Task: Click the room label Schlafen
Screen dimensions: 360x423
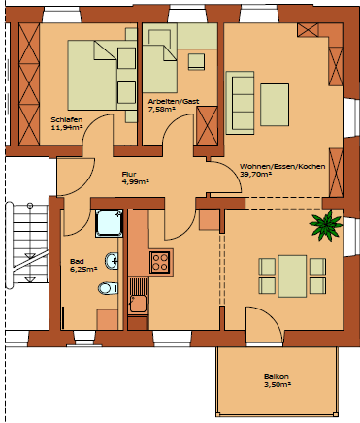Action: [67, 120]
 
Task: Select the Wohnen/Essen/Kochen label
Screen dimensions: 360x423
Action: [282, 167]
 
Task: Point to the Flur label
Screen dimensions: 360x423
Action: [129, 175]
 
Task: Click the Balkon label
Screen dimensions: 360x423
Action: [277, 377]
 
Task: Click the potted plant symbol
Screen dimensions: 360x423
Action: [326, 225]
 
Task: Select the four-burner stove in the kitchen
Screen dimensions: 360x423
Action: [161, 262]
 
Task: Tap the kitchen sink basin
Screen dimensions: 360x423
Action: [138, 304]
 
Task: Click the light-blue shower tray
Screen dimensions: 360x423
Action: [110, 223]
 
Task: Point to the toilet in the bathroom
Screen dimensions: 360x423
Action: [108, 288]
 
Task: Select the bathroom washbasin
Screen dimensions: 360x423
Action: [112, 260]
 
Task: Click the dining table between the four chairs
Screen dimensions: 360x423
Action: [292, 277]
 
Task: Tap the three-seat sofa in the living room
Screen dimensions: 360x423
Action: [241, 103]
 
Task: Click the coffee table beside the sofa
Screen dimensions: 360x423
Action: [275, 105]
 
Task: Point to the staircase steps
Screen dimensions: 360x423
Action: [27, 244]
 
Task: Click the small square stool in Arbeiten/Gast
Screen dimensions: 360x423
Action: [196, 61]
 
